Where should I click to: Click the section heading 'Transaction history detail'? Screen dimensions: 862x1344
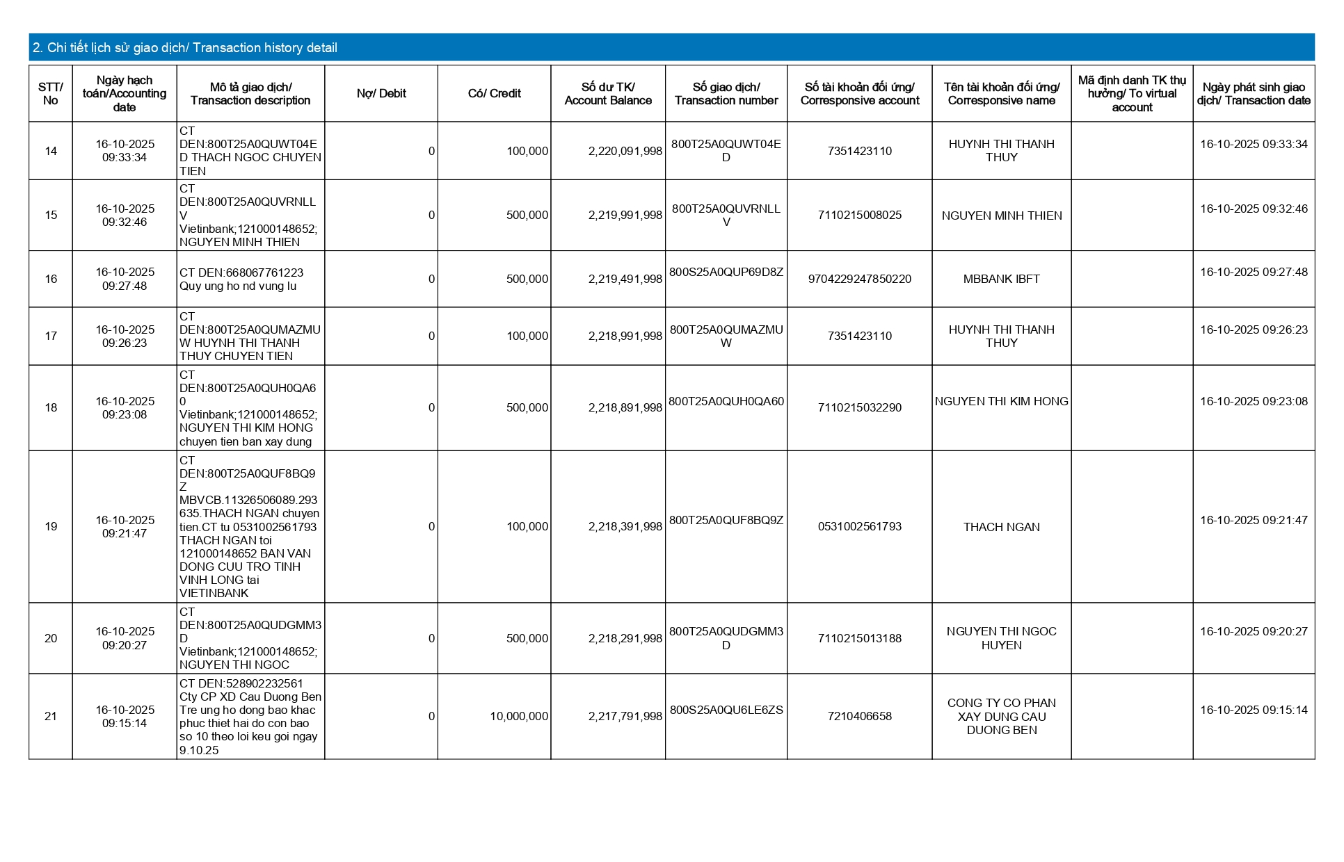pyautogui.click(x=185, y=48)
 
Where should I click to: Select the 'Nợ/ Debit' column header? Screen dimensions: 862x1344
pyautogui.click(x=381, y=94)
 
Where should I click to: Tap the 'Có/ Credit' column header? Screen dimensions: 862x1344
pyautogui.click(x=494, y=94)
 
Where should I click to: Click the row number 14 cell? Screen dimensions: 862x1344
pyautogui.click(x=51, y=151)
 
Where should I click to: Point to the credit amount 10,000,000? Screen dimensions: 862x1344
pyautogui.click(x=518, y=717)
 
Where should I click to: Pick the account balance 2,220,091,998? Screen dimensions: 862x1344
pyautogui.click(x=625, y=151)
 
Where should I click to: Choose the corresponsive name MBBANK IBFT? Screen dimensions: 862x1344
pyautogui.click(x=1001, y=279)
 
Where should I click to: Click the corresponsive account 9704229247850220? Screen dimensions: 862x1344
pyautogui.click(x=859, y=279)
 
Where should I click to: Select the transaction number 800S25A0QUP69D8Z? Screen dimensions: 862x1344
pyautogui.click(x=726, y=273)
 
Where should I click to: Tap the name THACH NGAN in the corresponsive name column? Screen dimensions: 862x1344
pyautogui.click(x=1001, y=527)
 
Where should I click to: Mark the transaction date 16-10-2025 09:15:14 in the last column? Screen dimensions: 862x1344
pyautogui.click(x=1254, y=710)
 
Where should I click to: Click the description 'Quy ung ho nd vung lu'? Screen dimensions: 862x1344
pyautogui.click(x=238, y=286)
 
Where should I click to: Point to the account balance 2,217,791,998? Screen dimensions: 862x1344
pyautogui.click(x=625, y=717)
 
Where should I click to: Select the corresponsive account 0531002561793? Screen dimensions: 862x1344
pyautogui.click(x=859, y=527)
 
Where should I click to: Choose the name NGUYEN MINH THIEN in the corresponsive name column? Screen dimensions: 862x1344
pyautogui.click(x=1001, y=215)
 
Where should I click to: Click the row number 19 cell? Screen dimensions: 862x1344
pyautogui.click(x=51, y=527)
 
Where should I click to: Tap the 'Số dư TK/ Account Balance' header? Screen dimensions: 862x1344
pyautogui.click(x=608, y=94)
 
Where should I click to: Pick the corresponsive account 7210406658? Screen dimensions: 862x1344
pyautogui.click(x=859, y=717)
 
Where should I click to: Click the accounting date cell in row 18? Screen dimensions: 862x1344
pyautogui.click(x=125, y=408)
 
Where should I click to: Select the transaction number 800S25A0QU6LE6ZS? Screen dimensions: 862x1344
pyautogui.click(x=726, y=710)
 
